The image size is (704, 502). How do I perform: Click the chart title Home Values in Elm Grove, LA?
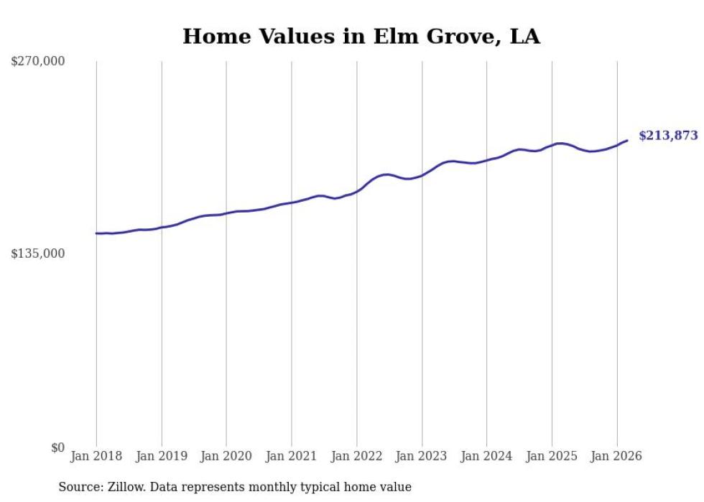point(361,36)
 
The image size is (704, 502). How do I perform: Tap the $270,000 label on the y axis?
point(38,61)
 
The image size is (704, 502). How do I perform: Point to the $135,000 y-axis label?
point(38,254)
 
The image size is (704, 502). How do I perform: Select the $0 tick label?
point(57,447)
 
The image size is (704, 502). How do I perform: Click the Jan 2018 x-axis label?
point(96,456)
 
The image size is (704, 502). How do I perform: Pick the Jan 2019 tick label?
point(162,456)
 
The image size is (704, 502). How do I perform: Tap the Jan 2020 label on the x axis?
point(226,456)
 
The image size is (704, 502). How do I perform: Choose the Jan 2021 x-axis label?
point(292,456)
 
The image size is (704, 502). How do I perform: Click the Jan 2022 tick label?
point(356,456)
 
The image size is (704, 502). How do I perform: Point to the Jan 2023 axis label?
point(422,456)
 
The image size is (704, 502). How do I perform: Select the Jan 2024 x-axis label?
point(486,456)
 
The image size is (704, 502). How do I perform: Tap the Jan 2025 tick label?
point(552,456)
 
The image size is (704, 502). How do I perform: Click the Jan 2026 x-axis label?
point(616,456)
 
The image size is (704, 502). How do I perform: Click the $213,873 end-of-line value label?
point(668,135)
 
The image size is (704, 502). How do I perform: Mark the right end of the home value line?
point(627,141)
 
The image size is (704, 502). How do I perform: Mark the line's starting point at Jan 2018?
point(96,233)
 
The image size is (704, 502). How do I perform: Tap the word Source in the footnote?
point(78,487)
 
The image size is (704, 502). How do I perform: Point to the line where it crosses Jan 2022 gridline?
point(356,191)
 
